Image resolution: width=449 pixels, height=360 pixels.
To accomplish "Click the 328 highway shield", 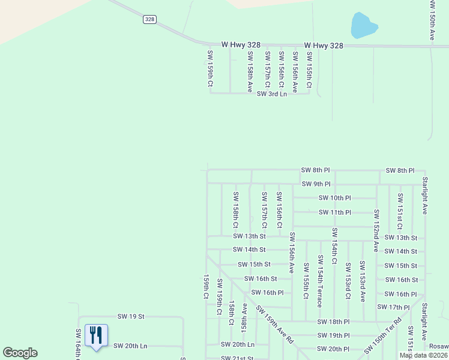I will coord(149,20).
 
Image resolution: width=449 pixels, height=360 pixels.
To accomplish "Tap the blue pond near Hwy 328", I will coord(363,26).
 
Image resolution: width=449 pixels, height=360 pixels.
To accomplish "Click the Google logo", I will coord(20,353).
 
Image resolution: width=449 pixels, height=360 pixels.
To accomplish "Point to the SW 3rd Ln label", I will coord(272,94).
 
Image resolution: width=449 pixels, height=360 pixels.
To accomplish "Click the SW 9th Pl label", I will coord(316,184).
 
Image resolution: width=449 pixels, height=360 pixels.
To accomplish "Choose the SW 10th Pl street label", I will coord(334,198).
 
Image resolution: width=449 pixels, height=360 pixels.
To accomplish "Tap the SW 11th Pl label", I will coord(335,212).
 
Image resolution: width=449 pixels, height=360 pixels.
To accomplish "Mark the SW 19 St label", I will coord(131,316).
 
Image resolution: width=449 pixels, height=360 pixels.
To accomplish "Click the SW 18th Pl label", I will coord(333,322).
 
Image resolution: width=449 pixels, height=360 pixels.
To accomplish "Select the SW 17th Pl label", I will coord(394,307).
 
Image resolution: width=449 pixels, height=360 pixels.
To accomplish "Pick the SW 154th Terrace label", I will coord(320,281).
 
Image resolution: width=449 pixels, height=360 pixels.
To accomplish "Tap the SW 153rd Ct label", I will coord(348,280).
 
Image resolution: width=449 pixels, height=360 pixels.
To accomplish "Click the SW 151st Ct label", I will coord(400,211).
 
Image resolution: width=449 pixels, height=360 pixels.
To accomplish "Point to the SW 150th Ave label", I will coord(432,20).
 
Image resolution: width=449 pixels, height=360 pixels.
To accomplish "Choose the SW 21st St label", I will coord(237,358).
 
